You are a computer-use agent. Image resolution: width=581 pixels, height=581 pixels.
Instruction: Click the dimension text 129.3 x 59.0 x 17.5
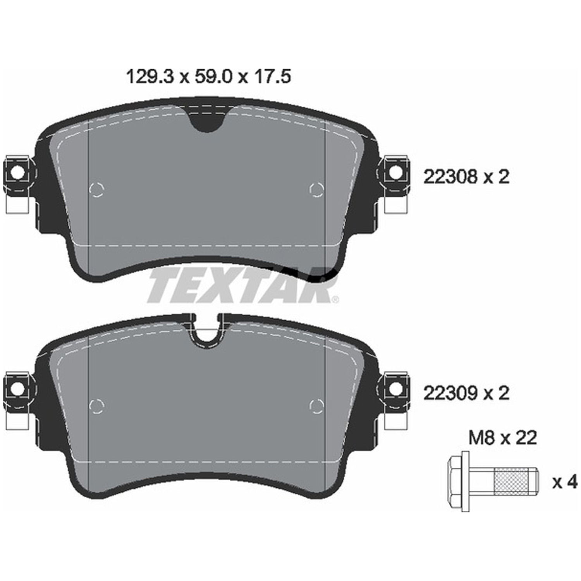click(x=208, y=77)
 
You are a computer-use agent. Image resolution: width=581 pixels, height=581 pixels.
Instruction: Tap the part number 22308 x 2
click(x=466, y=177)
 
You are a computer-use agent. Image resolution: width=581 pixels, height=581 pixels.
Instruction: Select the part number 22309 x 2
click(x=466, y=394)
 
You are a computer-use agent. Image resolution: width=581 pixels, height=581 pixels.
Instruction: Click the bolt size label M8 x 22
click(x=503, y=438)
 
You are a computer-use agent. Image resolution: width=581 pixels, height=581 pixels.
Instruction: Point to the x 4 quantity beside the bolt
click(x=564, y=483)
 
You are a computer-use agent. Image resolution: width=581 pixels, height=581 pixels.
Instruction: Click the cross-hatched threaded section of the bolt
click(x=511, y=483)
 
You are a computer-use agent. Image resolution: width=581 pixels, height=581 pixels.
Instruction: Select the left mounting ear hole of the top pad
click(x=16, y=173)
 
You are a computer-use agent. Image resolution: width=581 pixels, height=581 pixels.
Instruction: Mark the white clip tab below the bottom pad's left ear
click(x=18, y=420)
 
